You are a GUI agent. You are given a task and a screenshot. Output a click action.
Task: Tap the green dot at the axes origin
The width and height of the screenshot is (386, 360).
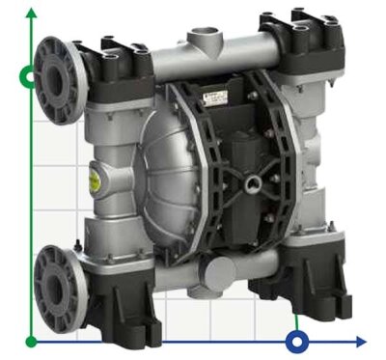33,341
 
